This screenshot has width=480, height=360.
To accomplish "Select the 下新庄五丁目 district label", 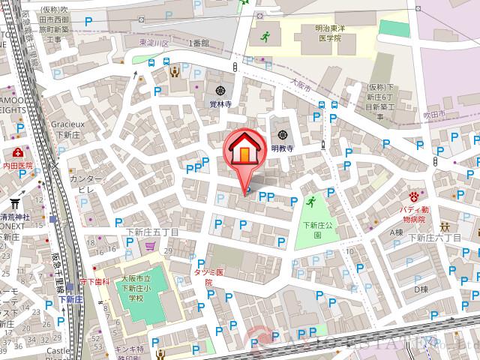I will [152, 232].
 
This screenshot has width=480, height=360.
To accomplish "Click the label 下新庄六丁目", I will [438, 237].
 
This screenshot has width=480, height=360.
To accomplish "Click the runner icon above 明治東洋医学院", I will [264, 36].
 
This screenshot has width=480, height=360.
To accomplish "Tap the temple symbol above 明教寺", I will [282, 134].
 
